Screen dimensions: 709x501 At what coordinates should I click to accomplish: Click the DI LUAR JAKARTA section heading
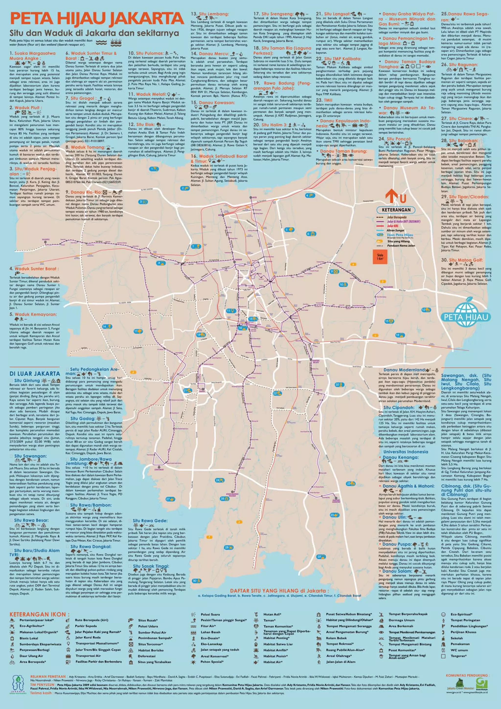pos(34,374)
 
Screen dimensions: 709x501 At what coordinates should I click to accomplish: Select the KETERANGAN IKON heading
pos(39,614)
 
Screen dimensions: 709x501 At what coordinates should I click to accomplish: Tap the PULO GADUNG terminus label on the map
pos(388,287)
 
